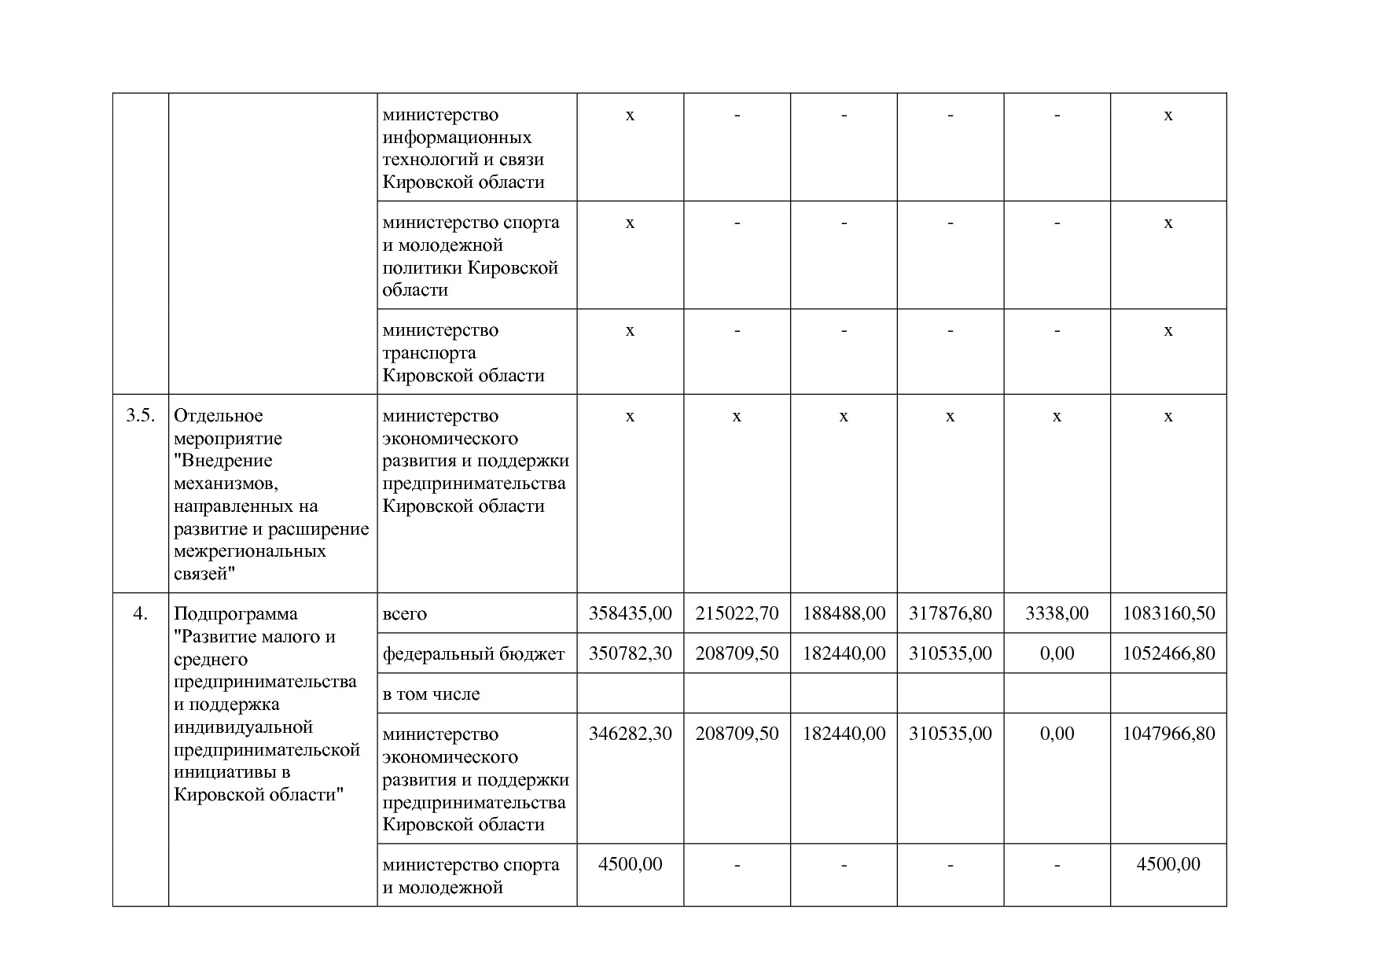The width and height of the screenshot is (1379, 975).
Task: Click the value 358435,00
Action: pos(630,613)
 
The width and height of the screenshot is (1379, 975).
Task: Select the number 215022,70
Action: pos(737,613)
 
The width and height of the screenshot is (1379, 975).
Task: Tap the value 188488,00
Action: pos(844,613)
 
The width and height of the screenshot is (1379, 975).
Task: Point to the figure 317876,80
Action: pos(950,613)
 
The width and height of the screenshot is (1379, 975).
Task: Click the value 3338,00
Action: pos(1057,613)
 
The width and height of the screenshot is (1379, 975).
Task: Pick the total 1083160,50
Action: pos(1168,613)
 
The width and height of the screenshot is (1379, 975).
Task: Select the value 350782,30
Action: pos(630,653)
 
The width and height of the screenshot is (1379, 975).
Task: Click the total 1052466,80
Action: pos(1168,653)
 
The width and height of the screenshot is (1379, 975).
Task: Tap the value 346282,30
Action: pos(630,734)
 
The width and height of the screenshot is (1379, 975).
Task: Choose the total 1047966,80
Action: pos(1168,734)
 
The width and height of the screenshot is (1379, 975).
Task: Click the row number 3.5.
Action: pos(140,416)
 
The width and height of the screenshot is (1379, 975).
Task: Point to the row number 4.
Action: pos(140,613)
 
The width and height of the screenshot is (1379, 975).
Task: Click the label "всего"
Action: pos(404,614)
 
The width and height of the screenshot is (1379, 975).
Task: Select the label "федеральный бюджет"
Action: pos(473,654)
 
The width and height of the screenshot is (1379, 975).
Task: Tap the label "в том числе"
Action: pos(431,694)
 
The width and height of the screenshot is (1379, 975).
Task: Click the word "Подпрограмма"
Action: pos(235,614)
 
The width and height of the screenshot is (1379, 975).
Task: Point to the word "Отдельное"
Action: pos(218,416)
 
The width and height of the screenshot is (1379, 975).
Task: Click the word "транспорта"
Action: pos(429,353)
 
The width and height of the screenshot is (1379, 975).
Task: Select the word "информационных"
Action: pos(457,138)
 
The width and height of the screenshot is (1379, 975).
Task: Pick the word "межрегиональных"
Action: pos(249,551)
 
